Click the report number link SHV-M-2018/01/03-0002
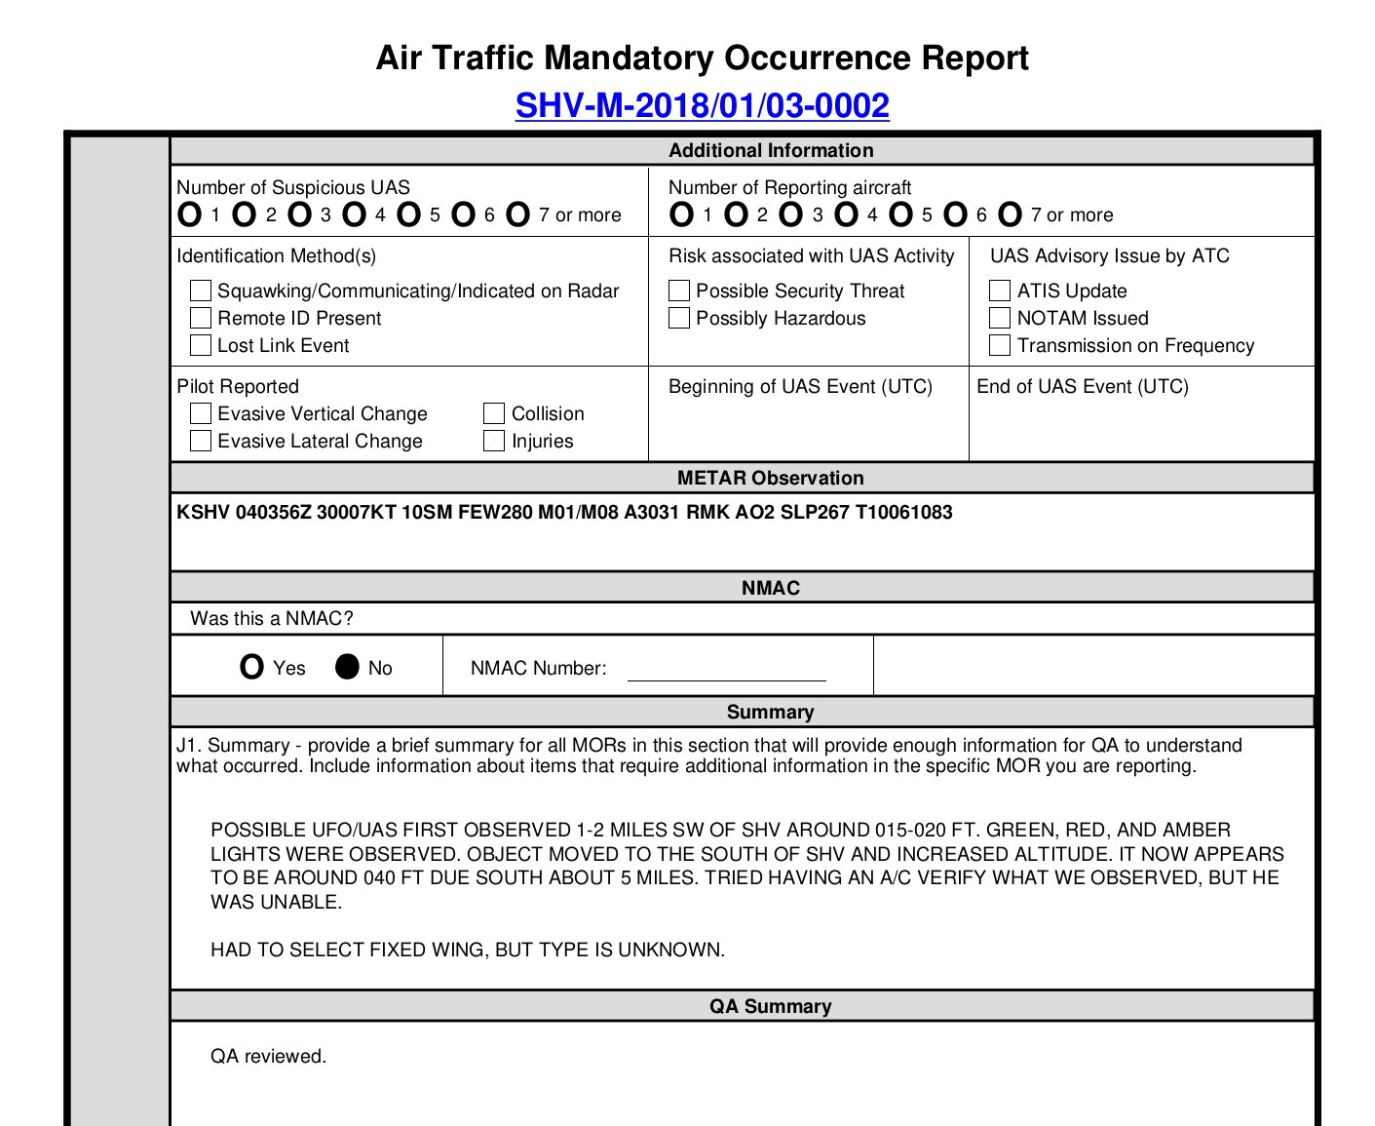[702, 105]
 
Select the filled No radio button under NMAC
[347, 667]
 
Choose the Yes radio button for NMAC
[251, 667]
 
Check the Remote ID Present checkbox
[201, 318]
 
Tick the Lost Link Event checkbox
[201, 345]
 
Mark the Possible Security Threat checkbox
[679, 291]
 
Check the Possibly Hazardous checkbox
[679, 318]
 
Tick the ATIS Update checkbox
[1000, 291]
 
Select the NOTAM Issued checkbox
[1000, 318]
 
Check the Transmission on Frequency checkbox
[1000, 345]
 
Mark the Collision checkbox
[494, 413]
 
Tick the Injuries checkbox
[494, 441]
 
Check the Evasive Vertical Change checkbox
[201, 413]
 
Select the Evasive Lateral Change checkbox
[201, 441]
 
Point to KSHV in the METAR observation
[203, 513]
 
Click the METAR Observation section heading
[770, 478]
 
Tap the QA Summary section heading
[770, 1006]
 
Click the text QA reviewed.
[268, 1056]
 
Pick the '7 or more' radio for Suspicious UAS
[518, 214]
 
